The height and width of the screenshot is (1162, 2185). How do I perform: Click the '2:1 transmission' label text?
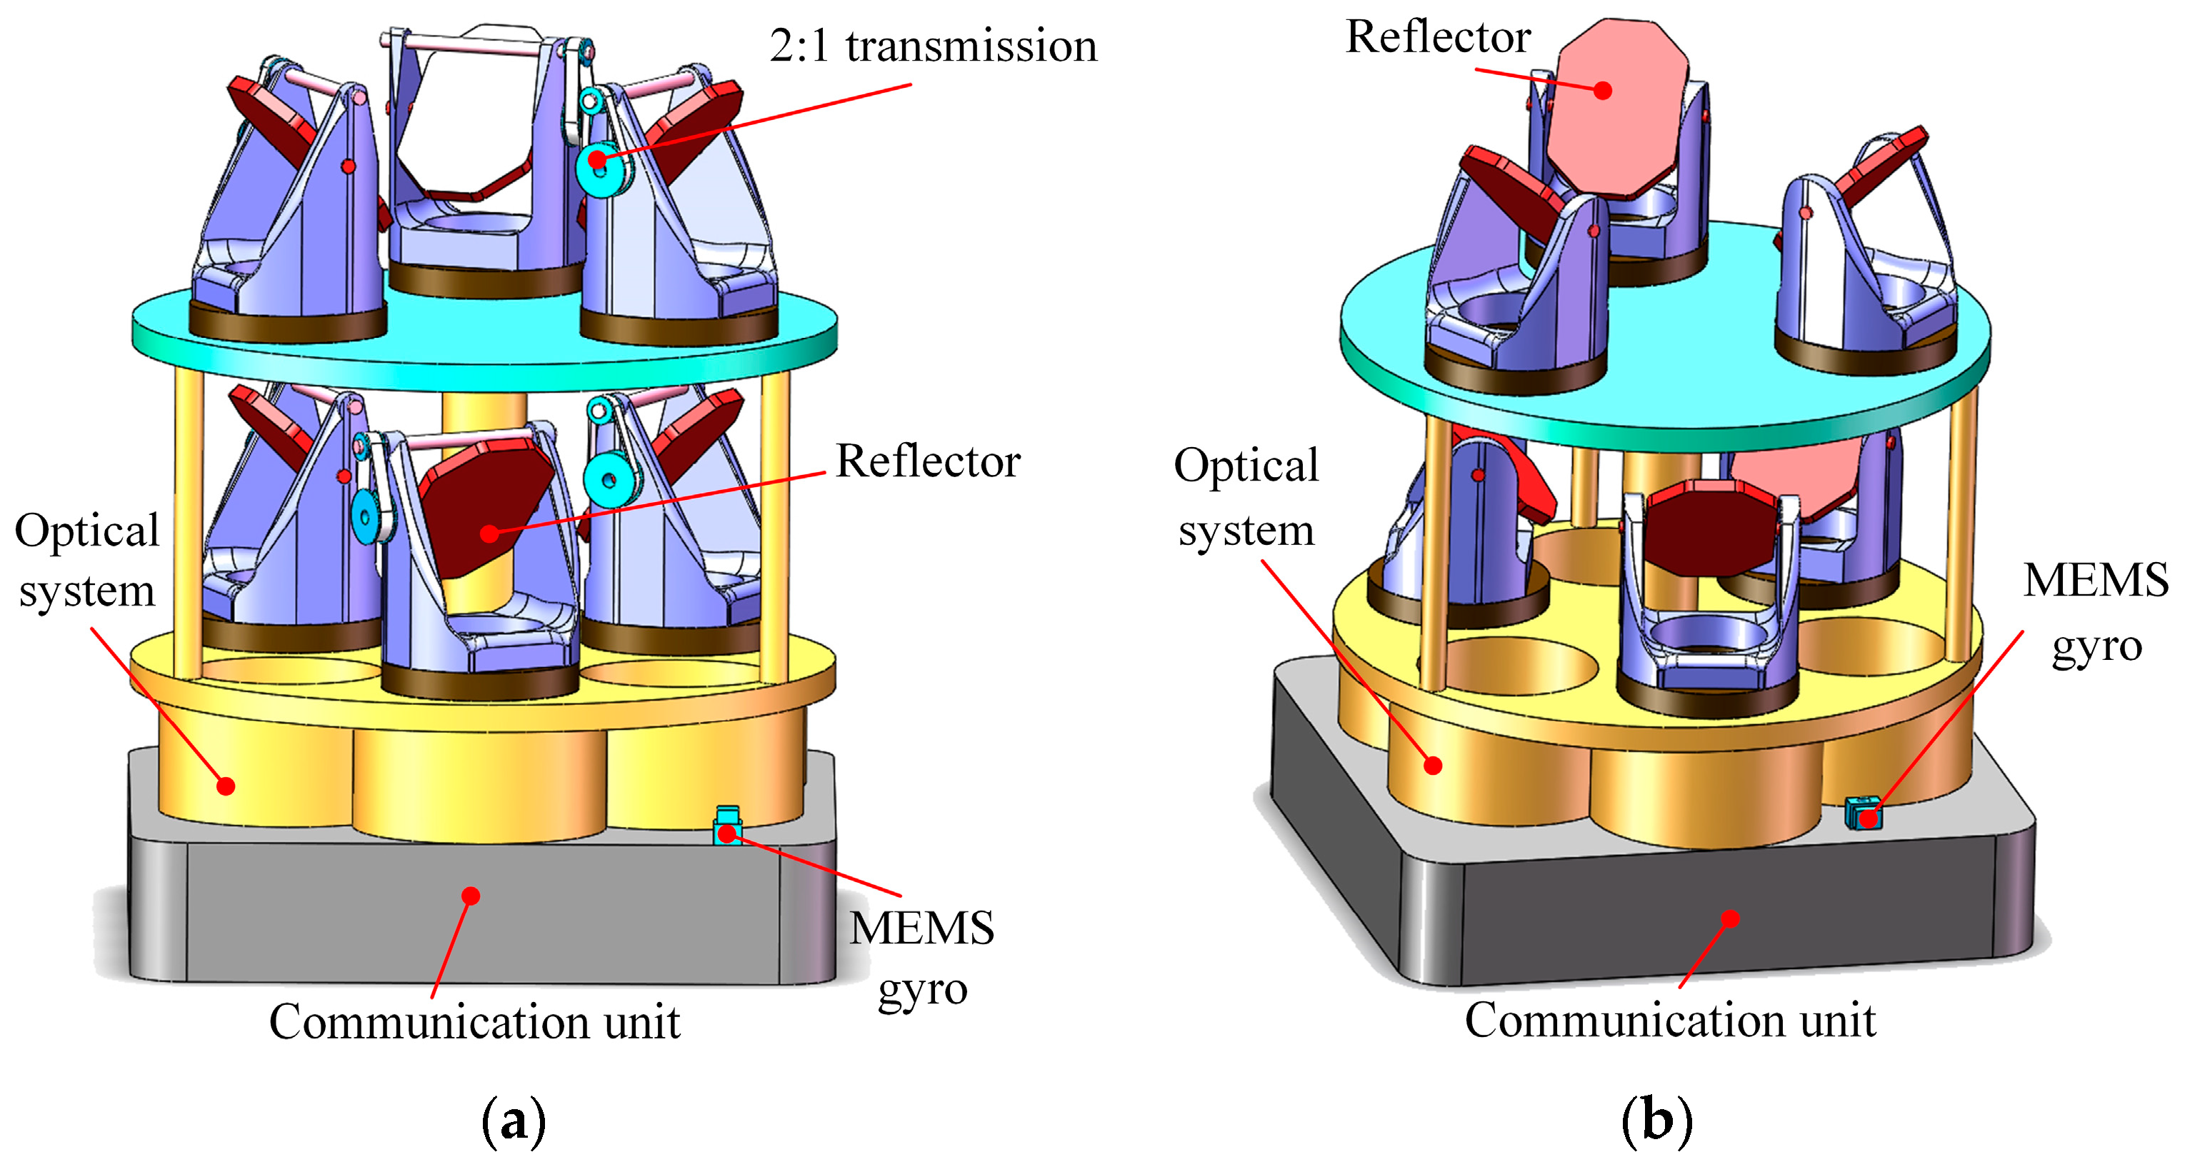coord(933,46)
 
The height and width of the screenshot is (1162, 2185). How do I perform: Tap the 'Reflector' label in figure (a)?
coord(928,462)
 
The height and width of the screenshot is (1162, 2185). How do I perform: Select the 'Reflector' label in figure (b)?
coord(1439,37)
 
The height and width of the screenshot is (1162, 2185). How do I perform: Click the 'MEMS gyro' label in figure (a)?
coord(922,958)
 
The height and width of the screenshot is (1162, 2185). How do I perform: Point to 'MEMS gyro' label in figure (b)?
coord(2096,612)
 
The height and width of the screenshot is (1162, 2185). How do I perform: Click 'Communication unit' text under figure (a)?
coord(474,1022)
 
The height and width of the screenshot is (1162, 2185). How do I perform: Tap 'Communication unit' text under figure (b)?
coord(1670,1021)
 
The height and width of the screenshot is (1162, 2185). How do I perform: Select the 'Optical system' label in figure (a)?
coord(86,561)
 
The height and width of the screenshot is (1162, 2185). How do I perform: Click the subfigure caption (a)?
coord(513,1121)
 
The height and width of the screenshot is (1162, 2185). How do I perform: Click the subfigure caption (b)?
coord(1656,1121)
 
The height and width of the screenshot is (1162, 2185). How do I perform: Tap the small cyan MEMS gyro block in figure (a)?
coord(728,826)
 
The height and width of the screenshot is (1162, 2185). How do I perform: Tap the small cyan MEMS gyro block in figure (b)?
coord(1864,813)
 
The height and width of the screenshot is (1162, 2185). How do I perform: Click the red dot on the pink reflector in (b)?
coord(1602,90)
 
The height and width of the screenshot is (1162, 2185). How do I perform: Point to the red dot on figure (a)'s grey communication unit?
coord(471,896)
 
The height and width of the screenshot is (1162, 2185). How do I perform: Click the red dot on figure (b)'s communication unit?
coord(1731,918)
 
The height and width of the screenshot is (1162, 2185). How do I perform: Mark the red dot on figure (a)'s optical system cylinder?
coord(226,786)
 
